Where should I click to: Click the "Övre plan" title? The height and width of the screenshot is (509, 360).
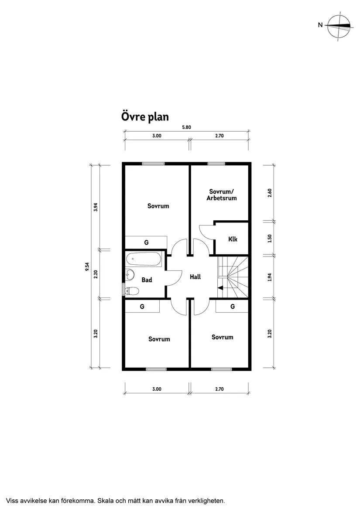click(x=144, y=117)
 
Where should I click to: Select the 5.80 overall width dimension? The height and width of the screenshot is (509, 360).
click(x=187, y=127)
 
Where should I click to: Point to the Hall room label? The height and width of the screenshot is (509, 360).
click(x=195, y=277)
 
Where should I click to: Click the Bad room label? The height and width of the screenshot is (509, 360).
click(x=147, y=280)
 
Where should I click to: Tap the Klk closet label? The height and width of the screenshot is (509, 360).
click(x=233, y=239)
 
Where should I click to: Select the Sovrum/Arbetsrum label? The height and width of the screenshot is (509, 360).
click(x=222, y=195)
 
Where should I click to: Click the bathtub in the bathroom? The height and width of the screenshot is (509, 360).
click(x=144, y=260)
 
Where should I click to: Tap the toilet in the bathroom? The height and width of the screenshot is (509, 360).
click(x=132, y=290)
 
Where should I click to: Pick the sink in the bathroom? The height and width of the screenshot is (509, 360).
click(x=130, y=275)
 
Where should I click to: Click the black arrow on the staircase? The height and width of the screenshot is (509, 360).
click(x=220, y=287)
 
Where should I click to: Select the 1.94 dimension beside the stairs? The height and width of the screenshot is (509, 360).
click(x=270, y=277)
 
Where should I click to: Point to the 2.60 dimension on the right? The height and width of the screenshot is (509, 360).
click(x=270, y=192)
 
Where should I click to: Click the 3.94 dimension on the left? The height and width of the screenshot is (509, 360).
click(x=96, y=207)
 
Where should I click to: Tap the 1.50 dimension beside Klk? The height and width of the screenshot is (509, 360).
click(x=270, y=238)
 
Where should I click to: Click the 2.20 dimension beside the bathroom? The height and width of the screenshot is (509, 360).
click(x=96, y=274)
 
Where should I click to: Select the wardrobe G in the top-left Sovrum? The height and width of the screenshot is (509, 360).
click(x=146, y=242)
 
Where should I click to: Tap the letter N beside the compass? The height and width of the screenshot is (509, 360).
click(x=320, y=25)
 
